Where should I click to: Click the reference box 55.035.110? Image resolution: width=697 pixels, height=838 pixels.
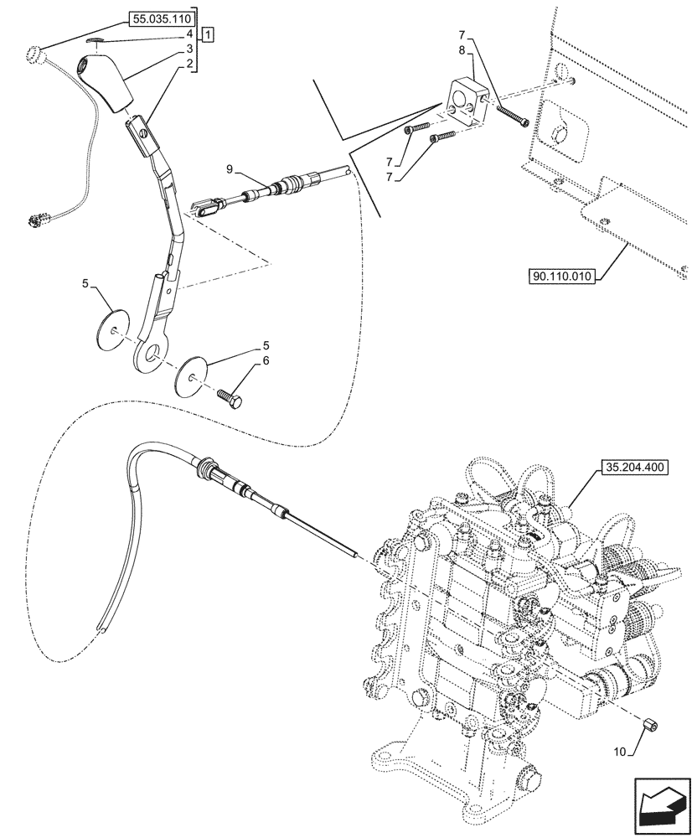[160, 17]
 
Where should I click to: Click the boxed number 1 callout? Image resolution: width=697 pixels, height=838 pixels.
[207, 34]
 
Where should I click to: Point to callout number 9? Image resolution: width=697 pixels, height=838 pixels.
[229, 169]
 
